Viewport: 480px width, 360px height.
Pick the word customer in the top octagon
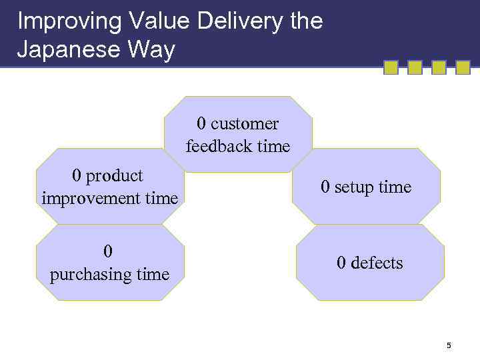click(245, 124)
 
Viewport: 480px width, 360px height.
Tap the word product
click(115, 176)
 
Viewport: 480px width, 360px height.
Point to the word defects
click(377, 263)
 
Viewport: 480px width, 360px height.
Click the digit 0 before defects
click(341, 263)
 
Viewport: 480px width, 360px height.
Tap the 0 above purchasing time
click(109, 251)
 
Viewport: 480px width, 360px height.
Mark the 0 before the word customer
click(201, 124)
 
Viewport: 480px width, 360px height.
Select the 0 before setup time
click(325, 187)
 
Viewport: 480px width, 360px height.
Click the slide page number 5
click(449, 345)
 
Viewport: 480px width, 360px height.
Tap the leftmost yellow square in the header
click(391, 67)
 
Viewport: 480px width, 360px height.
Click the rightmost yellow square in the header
click(463, 67)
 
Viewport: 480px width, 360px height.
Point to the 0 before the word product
click(77, 176)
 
